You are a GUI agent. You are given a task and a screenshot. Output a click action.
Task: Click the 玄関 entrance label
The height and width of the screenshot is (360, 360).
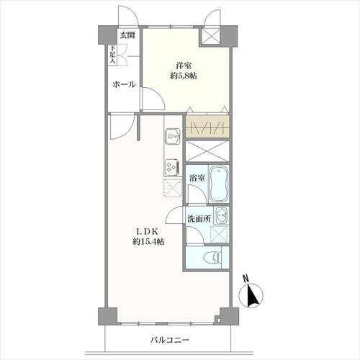pos(127,35)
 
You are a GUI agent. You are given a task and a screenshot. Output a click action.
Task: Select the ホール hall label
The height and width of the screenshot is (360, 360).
pos(124,84)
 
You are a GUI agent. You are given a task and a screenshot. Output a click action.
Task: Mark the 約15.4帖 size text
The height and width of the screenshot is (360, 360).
pos(148,243)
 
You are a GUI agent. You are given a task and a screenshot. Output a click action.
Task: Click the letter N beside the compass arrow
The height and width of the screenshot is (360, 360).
pos(246,278)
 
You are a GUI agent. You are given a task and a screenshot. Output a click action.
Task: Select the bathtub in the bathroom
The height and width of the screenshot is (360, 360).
pos(219,184)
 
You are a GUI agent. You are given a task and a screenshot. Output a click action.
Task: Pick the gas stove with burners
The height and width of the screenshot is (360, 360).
pos(173,166)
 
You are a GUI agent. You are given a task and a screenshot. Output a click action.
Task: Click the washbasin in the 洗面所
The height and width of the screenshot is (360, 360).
pos(222,215)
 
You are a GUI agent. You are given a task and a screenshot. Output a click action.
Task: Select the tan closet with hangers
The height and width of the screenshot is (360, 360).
pos(207,127)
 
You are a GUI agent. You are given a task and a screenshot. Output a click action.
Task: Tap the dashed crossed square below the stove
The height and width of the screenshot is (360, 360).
pos(173,188)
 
